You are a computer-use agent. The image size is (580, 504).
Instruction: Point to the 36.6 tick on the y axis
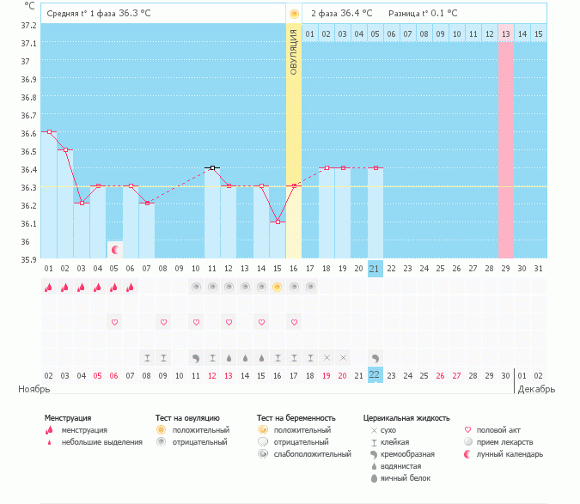pos(30,133)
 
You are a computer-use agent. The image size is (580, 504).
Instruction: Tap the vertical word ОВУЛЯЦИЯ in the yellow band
pos(294,51)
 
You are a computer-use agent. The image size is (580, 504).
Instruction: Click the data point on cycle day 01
pos(49,132)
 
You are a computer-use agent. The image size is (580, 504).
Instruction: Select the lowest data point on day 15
pos(277,222)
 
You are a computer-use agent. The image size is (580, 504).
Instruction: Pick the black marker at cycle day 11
pos(211,168)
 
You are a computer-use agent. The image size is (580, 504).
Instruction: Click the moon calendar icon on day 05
pos(114,249)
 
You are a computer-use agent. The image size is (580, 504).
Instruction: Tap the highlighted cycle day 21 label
pos(375,269)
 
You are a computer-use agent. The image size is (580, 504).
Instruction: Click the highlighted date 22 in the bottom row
pos(375,375)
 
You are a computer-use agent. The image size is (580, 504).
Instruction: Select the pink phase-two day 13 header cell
pos(505,34)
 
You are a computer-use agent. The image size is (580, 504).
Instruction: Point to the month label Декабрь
pos(536,389)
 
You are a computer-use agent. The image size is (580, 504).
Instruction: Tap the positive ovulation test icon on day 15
pos(277,288)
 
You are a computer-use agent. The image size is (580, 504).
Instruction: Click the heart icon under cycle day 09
pos(163,322)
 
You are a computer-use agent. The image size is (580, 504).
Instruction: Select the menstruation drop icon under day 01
pos(49,288)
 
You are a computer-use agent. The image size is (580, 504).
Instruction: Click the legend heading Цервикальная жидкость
pos(406,418)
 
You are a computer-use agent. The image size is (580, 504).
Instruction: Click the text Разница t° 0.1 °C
pos(423,14)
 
